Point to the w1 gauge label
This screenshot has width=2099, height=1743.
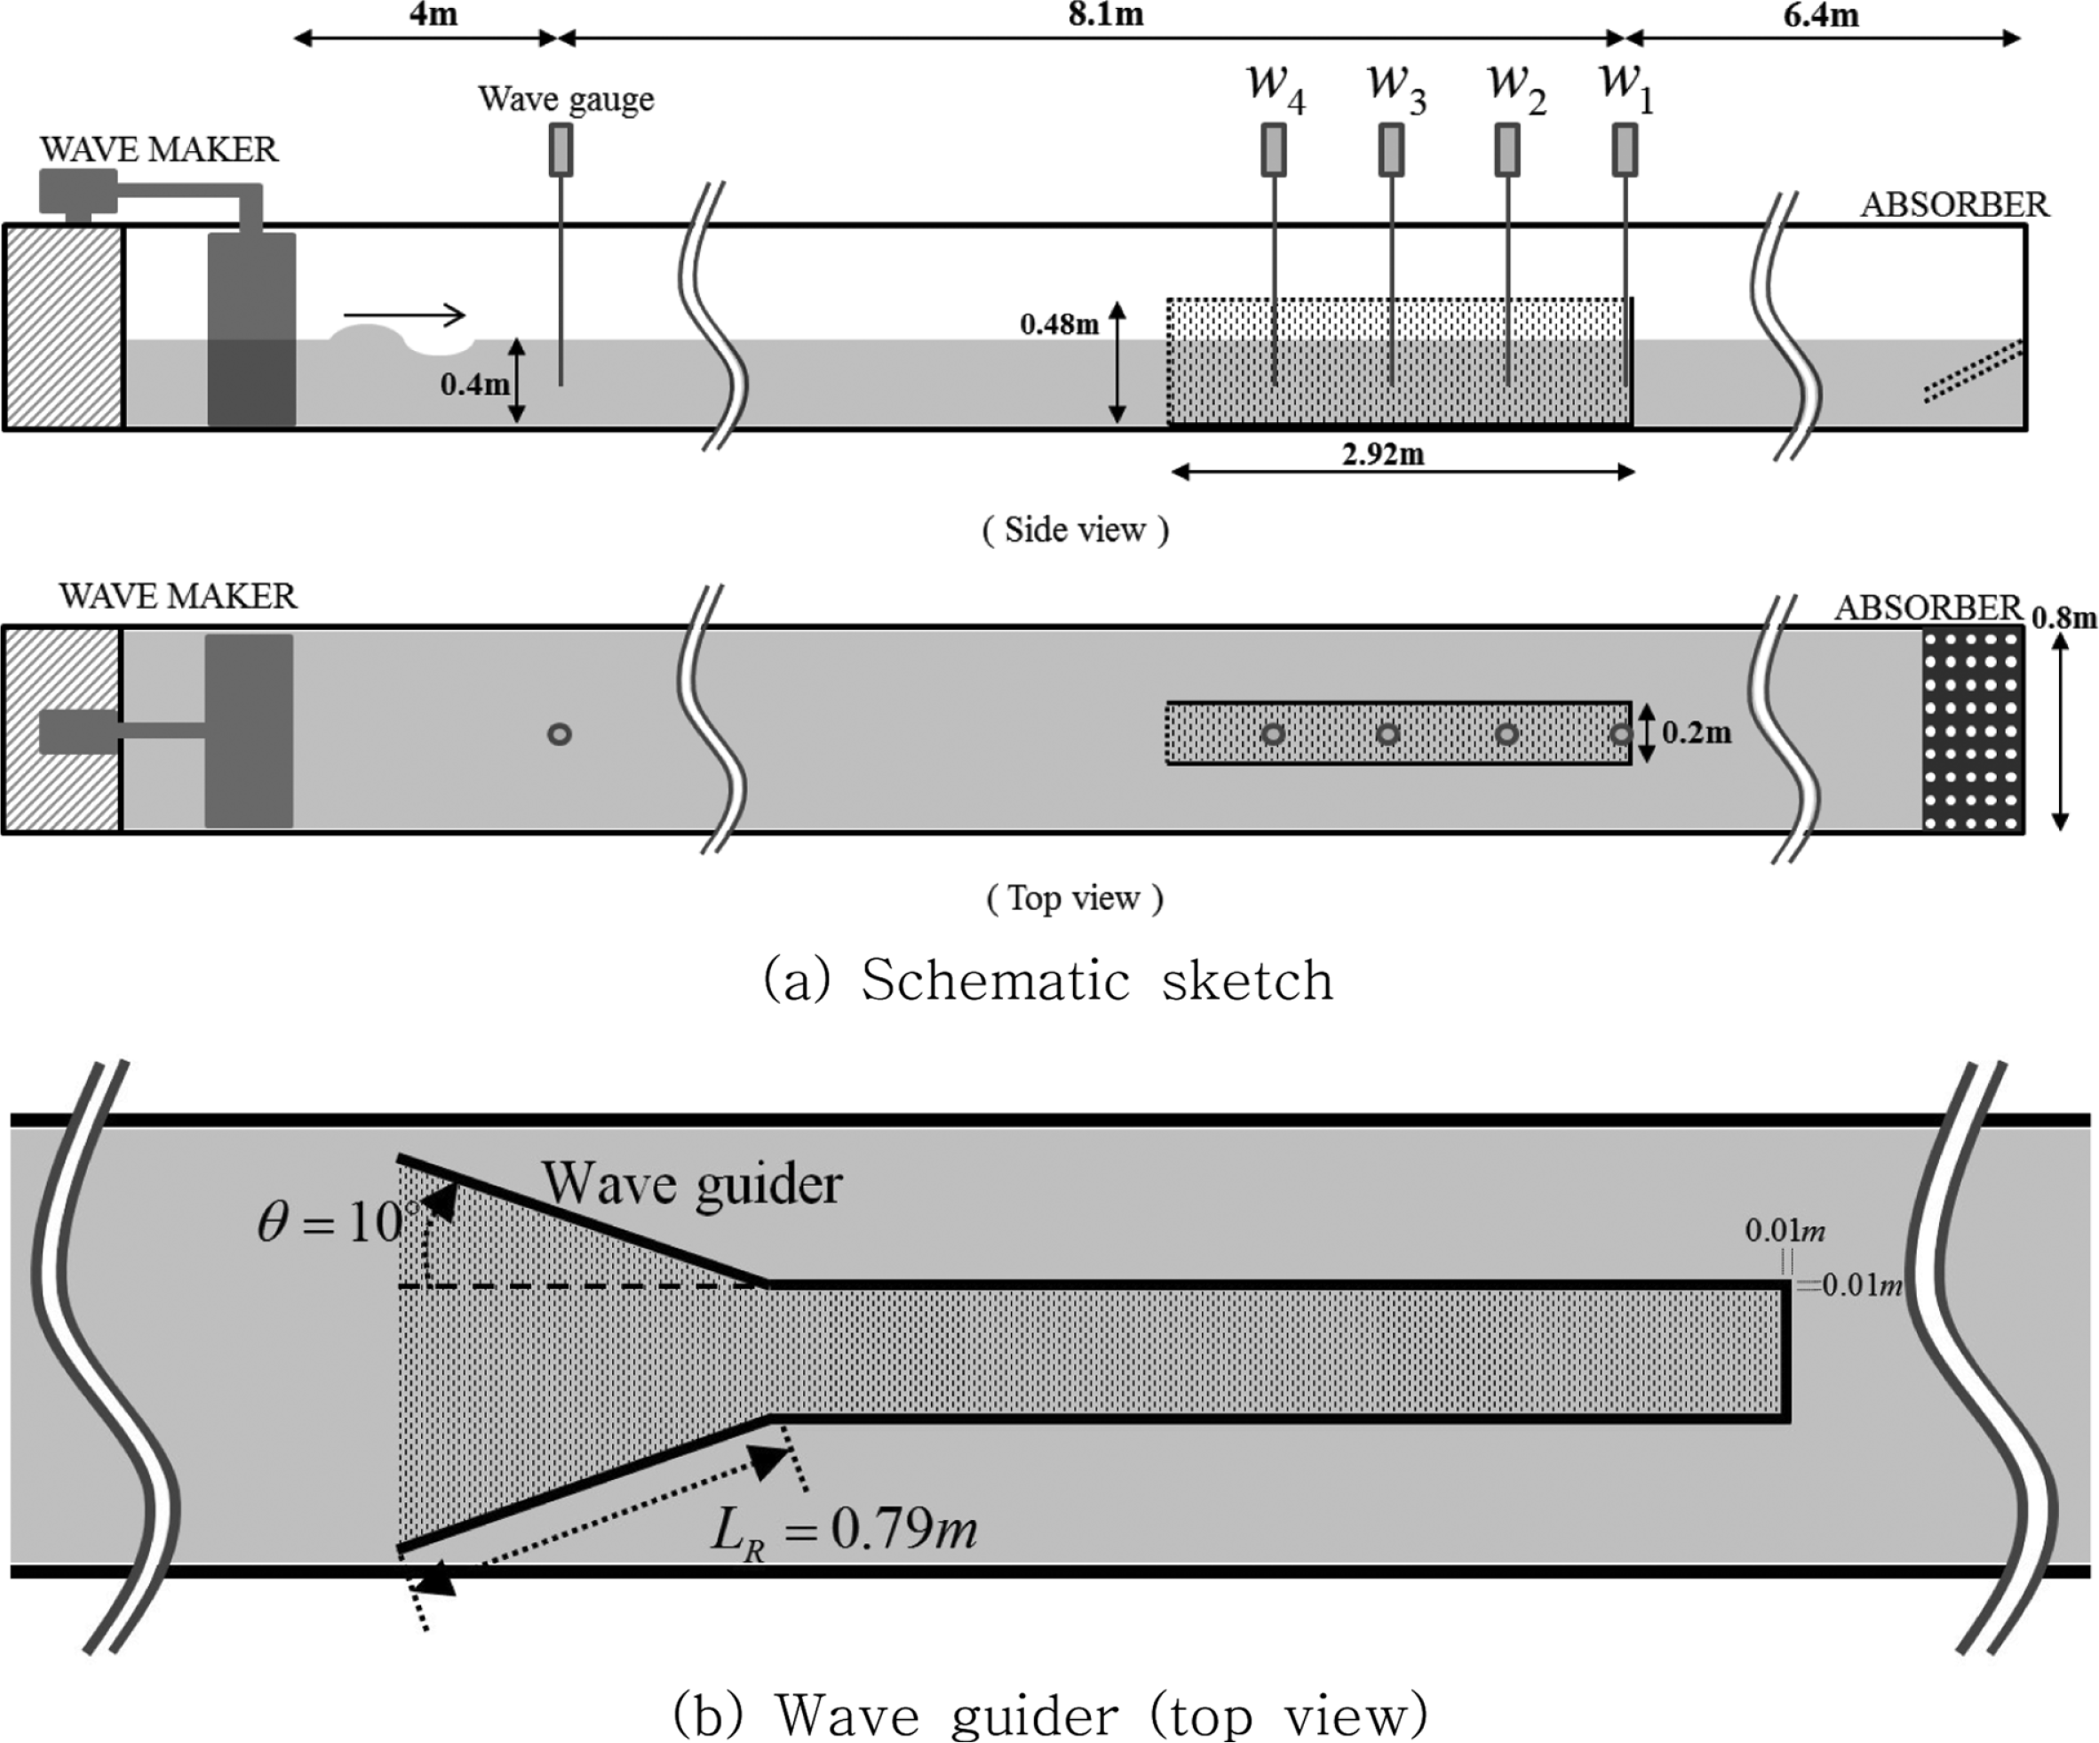pyautogui.click(x=1626, y=85)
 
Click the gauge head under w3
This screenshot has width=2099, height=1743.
pyautogui.click(x=1391, y=149)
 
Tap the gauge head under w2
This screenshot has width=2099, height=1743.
pyautogui.click(x=1507, y=149)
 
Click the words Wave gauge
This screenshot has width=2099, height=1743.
pyautogui.click(x=566, y=99)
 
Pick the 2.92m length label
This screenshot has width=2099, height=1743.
pyautogui.click(x=1383, y=454)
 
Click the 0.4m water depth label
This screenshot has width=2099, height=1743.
pyautogui.click(x=474, y=384)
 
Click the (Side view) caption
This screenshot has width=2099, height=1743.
pyautogui.click(x=1075, y=529)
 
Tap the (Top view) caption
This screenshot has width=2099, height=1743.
pyautogui.click(x=1075, y=897)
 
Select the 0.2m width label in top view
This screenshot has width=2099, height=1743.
pyautogui.click(x=1697, y=733)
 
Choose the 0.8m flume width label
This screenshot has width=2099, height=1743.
pyautogui.click(x=2063, y=617)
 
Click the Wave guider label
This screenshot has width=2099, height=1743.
pyautogui.click(x=692, y=1184)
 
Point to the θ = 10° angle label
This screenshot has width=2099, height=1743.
pyautogui.click(x=330, y=1222)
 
